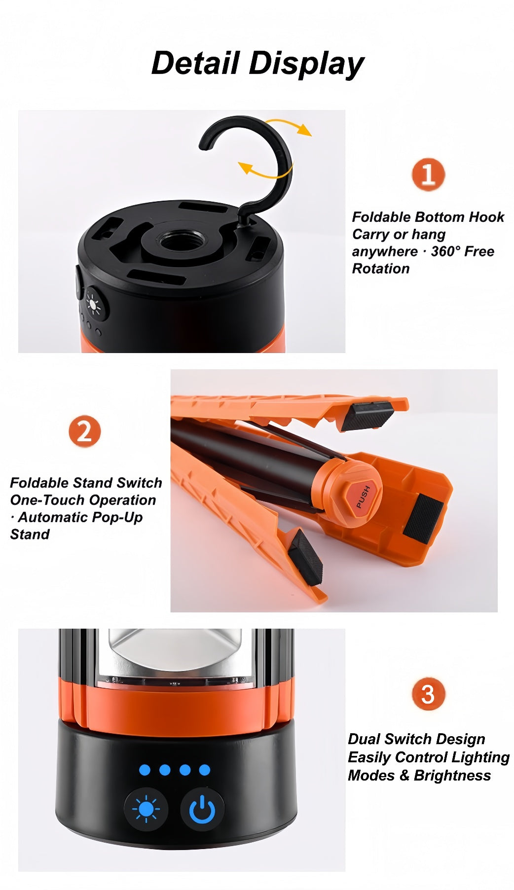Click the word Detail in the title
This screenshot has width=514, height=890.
tap(195, 63)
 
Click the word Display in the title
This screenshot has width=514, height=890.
tap(306, 65)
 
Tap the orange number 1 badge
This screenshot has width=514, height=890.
tap(428, 175)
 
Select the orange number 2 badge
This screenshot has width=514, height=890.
tap(85, 431)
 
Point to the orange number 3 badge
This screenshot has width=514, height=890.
tap(428, 694)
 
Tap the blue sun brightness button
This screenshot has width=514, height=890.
tap(146, 810)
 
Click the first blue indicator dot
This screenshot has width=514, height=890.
tap(145, 770)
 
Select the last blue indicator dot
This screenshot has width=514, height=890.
tap(205, 770)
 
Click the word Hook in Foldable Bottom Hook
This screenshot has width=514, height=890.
tap(486, 217)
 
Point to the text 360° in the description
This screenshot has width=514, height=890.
tap(445, 251)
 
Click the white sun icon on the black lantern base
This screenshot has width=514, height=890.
tap(93, 304)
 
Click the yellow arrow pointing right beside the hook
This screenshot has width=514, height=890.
tap(290, 125)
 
